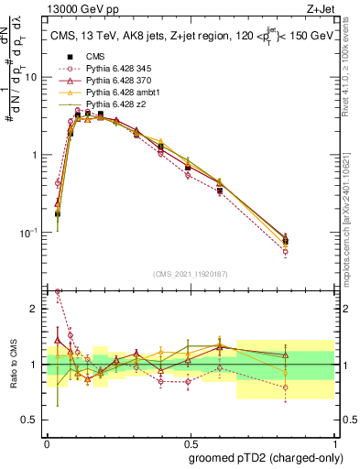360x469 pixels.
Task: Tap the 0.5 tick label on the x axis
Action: [190, 442]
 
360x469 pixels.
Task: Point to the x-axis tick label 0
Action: [47, 442]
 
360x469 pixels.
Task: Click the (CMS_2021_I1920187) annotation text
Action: [191, 274]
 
